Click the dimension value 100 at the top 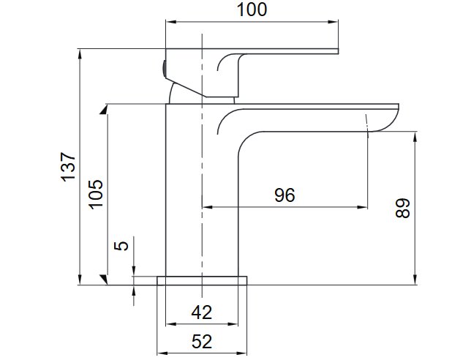point(252,10)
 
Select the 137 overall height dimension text point(69,167)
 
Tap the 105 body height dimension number point(96,194)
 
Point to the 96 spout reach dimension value point(285,195)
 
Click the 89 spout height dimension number point(402,208)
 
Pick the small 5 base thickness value point(121,246)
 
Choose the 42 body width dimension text point(202,312)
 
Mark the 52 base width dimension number point(202,342)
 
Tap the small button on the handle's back point(164,69)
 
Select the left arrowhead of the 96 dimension point(207,207)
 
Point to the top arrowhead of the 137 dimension point(80,54)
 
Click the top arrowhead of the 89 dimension point(415,137)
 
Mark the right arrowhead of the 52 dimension point(242,353)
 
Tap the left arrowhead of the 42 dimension point(171,324)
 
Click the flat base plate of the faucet point(202,281)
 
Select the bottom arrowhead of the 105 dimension point(105,280)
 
